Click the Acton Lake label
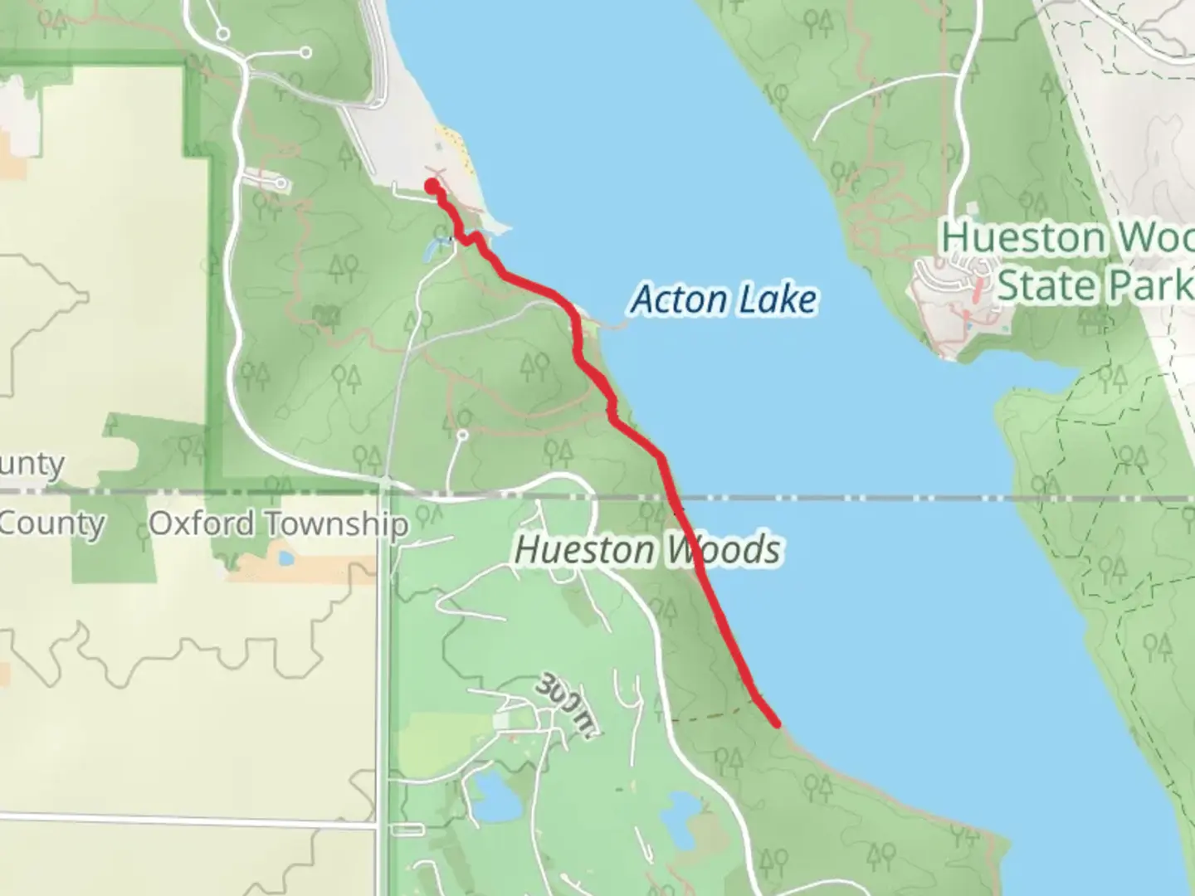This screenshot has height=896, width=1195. coord(724,299)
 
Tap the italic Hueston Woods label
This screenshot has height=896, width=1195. coord(647,549)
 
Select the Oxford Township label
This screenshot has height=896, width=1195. coord(278,524)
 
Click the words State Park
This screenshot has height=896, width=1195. coord(1095,285)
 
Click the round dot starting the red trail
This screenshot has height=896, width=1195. coord(432,185)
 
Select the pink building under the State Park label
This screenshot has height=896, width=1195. coord(980,290)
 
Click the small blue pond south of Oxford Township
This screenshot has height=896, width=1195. coord(285,558)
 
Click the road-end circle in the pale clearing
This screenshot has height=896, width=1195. coord(463,434)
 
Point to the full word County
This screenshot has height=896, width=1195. coord(51,524)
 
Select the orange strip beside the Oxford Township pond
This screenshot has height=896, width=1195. coord(324,567)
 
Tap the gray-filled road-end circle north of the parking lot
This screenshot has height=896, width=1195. coord(305,52)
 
